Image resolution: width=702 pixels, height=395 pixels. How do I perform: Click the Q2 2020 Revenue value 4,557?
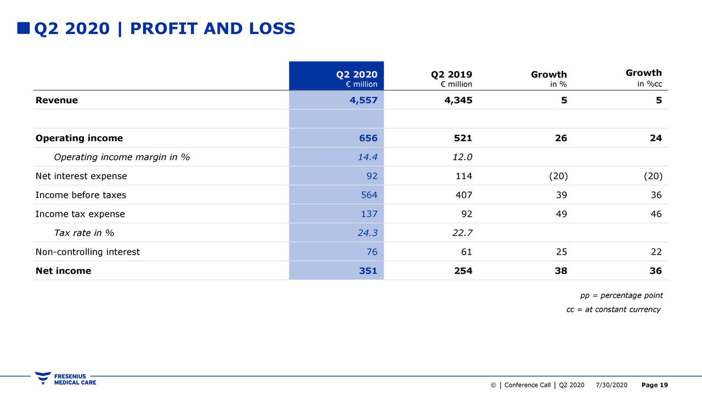[364, 100]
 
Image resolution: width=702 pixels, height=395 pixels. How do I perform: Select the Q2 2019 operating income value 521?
[463, 138]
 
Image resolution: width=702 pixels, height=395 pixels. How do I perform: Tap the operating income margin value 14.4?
[367, 157]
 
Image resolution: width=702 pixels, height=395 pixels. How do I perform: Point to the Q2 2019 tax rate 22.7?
[462, 233]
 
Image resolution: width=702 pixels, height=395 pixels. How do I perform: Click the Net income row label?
[63, 270]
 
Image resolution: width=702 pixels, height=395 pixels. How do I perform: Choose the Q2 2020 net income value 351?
[368, 270]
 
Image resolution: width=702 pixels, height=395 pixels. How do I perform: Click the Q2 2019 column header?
[451, 78]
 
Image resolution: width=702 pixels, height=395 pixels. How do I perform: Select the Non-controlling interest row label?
[87, 252]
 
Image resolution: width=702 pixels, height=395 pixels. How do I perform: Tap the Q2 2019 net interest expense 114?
[464, 176]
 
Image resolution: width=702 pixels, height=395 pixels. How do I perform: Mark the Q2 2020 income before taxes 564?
[369, 195]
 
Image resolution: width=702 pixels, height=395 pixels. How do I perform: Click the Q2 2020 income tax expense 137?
[369, 214]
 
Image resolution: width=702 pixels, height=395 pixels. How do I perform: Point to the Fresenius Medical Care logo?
[65, 379]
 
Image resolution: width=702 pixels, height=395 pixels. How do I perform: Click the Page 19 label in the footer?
[655, 385]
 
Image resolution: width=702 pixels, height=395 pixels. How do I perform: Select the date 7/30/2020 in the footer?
[612, 385]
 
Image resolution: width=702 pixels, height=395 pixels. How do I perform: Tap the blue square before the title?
[24, 28]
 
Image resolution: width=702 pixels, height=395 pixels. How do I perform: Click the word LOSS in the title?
[272, 29]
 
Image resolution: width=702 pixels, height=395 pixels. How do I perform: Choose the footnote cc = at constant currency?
[614, 309]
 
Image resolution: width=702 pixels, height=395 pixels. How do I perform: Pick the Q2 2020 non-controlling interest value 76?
[372, 252]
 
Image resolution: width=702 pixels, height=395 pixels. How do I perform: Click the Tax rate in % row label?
[84, 233]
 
